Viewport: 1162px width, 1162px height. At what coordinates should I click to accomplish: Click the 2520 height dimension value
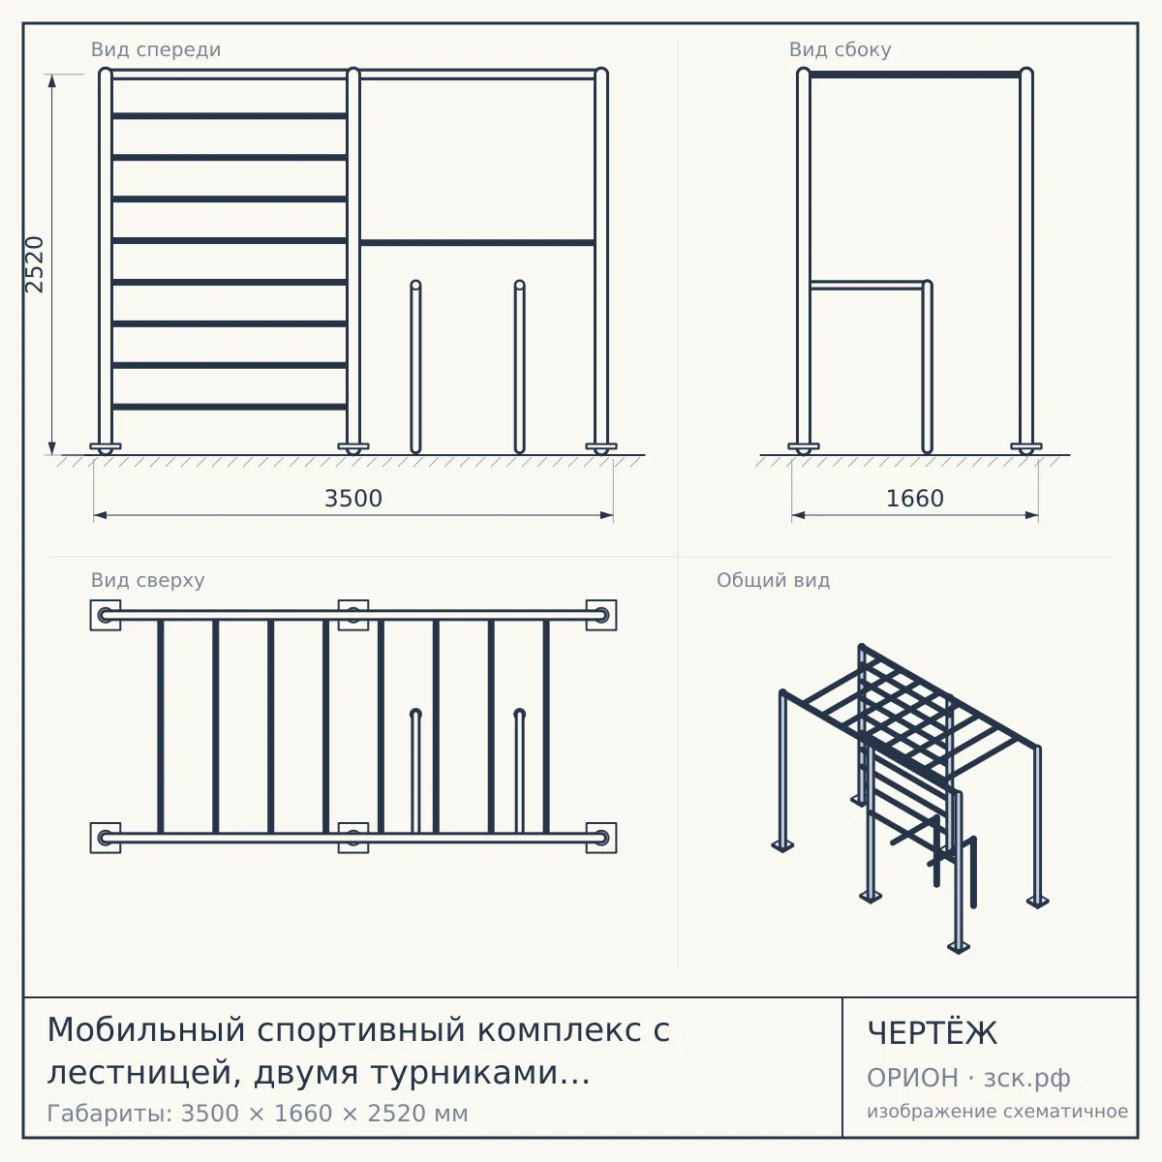pos(34,264)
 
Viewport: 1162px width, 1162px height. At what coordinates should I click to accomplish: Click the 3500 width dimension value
pos(353,499)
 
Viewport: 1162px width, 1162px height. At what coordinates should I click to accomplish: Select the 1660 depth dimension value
pos(915,499)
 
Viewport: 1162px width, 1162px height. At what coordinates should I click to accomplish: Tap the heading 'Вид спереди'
pos(156,49)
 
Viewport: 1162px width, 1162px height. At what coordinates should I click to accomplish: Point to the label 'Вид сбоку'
pos(840,49)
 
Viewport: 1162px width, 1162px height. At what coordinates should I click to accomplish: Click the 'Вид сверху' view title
pos(148,580)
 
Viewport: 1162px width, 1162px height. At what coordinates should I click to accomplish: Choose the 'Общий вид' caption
pos(773,580)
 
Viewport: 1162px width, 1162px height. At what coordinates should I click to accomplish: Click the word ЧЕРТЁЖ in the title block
pos(933,1033)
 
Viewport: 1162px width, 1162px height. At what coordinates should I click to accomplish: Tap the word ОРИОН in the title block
pos(912,1078)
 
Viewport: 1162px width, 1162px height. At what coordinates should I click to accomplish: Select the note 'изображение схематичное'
pos(997,1112)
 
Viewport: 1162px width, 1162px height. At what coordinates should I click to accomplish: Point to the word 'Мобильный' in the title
pos(146,1029)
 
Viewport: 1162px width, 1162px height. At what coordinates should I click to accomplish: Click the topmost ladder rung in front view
pos(229,116)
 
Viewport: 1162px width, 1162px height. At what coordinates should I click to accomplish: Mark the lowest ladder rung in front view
pos(229,407)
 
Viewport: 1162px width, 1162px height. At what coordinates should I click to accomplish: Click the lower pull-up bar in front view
pos(477,243)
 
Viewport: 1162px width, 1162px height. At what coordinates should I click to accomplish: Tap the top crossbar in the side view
pos(915,75)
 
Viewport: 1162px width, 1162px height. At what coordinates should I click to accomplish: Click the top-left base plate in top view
pos(106,615)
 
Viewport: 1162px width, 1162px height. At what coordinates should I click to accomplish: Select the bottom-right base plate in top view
pos(601,838)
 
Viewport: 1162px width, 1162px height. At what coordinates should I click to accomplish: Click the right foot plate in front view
pos(601,446)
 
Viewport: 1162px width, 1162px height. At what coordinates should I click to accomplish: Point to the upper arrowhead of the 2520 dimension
pos(52,80)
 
